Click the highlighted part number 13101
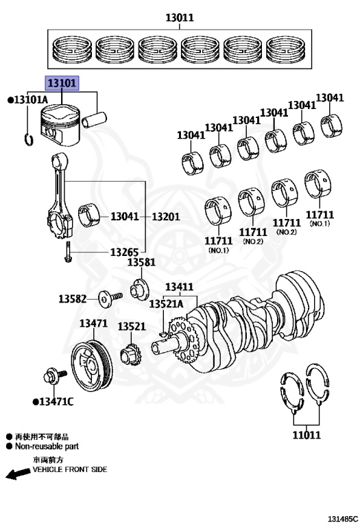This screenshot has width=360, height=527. [62, 82]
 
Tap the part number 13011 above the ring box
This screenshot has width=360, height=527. [180, 17]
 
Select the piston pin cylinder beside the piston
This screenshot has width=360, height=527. [95, 119]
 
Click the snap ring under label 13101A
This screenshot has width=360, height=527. [29, 139]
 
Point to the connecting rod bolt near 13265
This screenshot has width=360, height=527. [67, 252]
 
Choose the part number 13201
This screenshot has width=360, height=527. [166, 216]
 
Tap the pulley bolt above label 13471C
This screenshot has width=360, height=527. [55, 376]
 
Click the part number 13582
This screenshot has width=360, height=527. [73, 298]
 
